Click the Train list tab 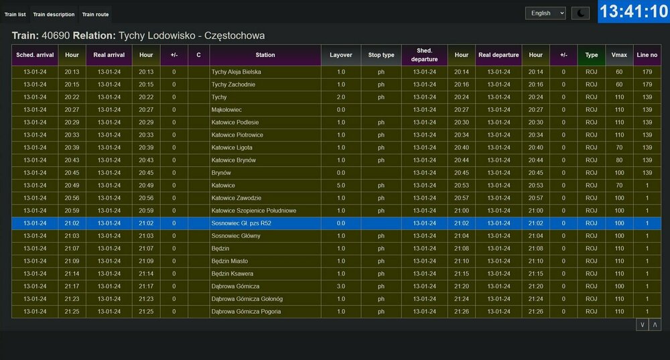tap(15, 14)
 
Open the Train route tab tap(94, 14)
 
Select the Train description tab tap(54, 14)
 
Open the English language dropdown tap(545, 13)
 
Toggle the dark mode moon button tap(580, 13)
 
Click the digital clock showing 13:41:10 tap(633, 11)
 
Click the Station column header tap(265, 55)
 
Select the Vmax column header tap(619, 55)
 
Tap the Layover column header tap(341, 55)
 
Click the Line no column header tap(647, 55)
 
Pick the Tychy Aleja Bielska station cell tap(236, 72)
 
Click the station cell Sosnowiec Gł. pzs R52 tap(241, 223)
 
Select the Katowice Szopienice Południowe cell tap(253, 211)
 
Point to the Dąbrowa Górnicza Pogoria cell tap(246, 312)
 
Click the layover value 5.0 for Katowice tap(341, 185)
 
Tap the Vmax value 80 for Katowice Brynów tap(619, 160)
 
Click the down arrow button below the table tap(643, 324)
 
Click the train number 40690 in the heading tap(55, 35)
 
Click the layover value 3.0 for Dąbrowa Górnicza tap(341, 286)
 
